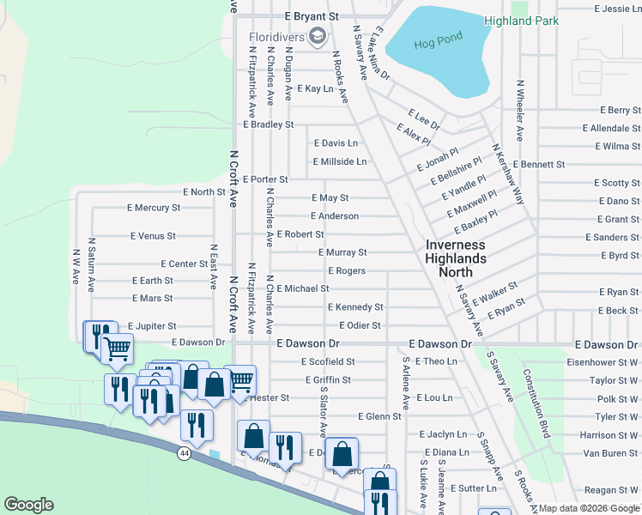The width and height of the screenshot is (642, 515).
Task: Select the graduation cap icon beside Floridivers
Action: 318,35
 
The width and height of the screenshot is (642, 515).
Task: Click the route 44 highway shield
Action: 185,451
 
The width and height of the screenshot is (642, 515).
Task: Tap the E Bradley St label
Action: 268,124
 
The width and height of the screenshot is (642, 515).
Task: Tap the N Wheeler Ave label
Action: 519,111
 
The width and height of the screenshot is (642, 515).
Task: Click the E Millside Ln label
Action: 340,161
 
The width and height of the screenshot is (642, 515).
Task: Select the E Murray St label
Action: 342,253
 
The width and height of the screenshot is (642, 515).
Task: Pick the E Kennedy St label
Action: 354,307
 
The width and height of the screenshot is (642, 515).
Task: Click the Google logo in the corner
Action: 28,505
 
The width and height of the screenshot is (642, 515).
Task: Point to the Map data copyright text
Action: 589,508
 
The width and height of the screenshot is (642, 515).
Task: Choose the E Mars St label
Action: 152,299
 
